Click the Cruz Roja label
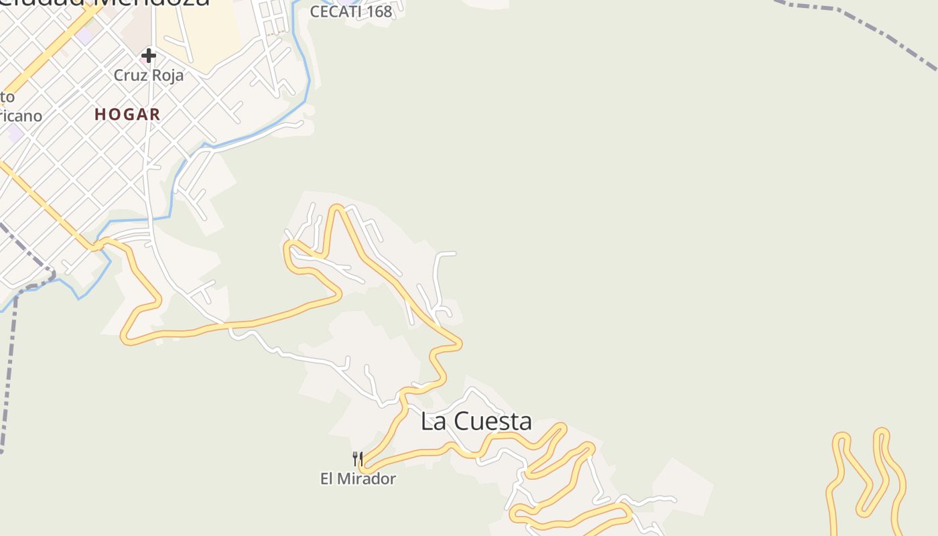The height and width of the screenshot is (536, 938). [148, 75]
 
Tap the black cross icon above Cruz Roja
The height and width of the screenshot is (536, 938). [149, 56]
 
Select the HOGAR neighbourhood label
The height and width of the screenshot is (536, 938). [127, 115]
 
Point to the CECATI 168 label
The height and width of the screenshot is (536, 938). [350, 11]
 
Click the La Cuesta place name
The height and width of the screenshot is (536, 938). [476, 421]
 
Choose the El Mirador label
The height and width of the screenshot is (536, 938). [358, 478]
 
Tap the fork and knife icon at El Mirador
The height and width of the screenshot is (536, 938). [358, 459]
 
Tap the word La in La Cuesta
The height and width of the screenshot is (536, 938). [433, 421]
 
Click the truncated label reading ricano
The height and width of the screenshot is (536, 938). [20, 116]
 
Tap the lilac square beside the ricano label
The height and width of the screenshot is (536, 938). [15, 132]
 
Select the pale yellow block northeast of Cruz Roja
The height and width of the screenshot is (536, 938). [208, 33]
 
